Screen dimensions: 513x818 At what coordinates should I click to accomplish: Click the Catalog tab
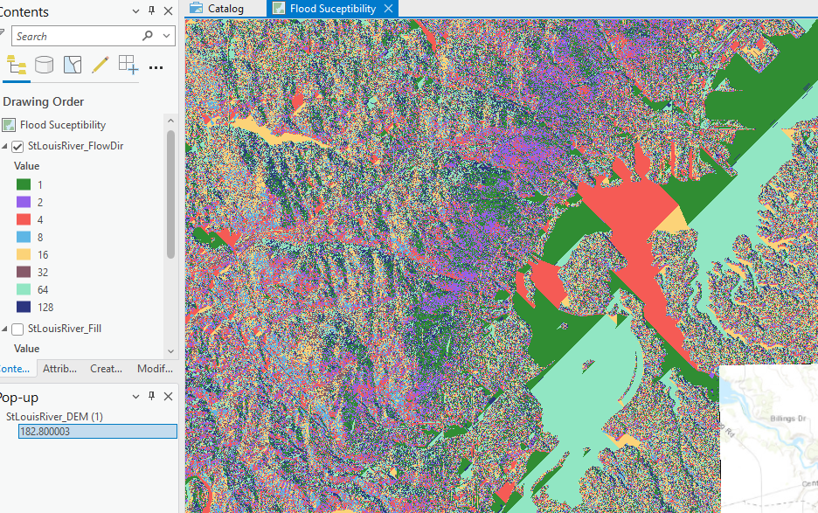point(225,9)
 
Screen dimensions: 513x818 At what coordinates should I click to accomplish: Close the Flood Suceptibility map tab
point(389,9)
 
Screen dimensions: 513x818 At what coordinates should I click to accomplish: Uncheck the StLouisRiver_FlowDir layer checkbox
point(18,146)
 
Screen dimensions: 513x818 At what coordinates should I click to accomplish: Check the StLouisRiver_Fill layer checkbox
point(18,329)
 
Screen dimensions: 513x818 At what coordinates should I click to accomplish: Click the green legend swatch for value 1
point(24,184)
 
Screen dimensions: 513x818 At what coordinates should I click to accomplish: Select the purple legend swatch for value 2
point(24,202)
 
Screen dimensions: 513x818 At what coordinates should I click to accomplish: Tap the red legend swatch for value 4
point(24,219)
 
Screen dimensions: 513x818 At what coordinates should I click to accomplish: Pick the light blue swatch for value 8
point(24,237)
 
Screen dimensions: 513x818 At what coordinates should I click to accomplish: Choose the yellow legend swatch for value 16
point(24,254)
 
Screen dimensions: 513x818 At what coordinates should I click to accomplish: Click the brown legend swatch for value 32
point(24,272)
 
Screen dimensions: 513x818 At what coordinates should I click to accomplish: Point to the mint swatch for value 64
point(24,289)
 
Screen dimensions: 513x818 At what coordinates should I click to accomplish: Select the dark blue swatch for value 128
point(24,307)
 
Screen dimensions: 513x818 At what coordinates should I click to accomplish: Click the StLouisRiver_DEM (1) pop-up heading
point(54,417)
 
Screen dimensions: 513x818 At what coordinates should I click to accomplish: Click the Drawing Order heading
point(44,101)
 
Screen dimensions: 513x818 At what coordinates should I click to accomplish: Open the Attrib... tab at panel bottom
point(59,369)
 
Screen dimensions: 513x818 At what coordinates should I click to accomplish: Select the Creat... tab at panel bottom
point(107,369)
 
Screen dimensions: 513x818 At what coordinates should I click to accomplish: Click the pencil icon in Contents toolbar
point(100,65)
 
